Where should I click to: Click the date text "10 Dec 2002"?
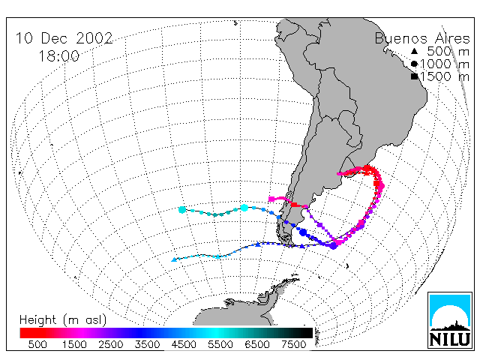click(x=64, y=38)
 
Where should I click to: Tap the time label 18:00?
click(x=58, y=56)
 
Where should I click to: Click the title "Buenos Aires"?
click(x=422, y=39)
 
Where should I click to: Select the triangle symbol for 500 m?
click(x=414, y=51)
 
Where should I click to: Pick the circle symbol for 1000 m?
click(x=414, y=64)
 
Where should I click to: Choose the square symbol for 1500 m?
click(x=415, y=76)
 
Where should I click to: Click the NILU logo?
click(x=450, y=320)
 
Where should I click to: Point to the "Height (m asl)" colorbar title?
click(x=63, y=320)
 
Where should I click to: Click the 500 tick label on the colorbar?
click(x=37, y=345)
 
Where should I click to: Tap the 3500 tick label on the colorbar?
click(x=147, y=345)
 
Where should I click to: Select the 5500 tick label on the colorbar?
click(x=220, y=345)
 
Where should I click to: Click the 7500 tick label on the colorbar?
click(x=293, y=345)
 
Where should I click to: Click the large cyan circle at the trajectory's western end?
click(x=182, y=210)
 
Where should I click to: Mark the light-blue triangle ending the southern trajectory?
click(x=174, y=259)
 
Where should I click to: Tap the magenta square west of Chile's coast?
click(x=271, y=199)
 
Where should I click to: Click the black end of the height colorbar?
click(x=306, y=333)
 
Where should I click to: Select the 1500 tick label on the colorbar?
click(x=74, y=345)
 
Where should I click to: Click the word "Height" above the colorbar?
click(x=38, y=320)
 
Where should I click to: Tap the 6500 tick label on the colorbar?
click(x=256, y=345)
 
